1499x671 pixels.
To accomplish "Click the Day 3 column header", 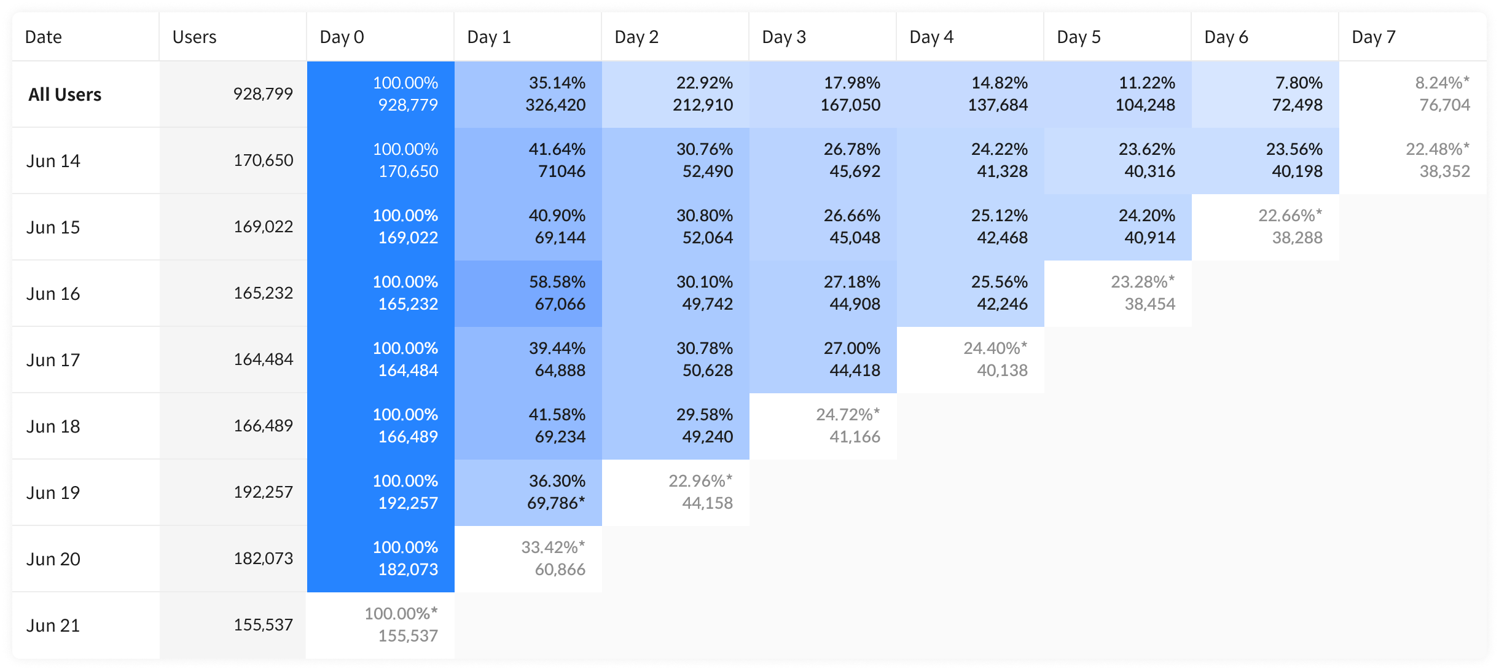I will coord(784,37).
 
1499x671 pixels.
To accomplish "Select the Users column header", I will coord(194,37).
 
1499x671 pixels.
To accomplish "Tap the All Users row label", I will coord(65,95).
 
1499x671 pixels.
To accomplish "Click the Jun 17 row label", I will coord(53,360).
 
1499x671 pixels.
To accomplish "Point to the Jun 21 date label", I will coord(53,626).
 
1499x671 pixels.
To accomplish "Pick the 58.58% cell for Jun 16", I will coord(528,293).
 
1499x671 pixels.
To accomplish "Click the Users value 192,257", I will coord(263,492).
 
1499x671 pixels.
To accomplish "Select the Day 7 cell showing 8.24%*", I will coord(1413,94).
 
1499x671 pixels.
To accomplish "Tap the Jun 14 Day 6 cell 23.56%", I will coord(1266,160).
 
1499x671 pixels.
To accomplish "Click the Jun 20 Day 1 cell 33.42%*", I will coord(528,559).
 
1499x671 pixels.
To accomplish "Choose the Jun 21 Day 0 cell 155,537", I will coord(381,625).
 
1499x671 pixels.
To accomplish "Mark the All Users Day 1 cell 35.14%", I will coord(528,94).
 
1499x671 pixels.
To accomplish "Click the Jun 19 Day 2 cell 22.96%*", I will coord(676,492).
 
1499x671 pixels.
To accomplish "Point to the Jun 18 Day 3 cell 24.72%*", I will coord(823,426).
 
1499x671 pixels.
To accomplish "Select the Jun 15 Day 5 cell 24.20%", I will coord(1118,227).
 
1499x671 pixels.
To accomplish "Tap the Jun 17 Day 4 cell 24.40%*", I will coord(971,359).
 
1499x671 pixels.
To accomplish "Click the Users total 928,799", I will coord(263,94).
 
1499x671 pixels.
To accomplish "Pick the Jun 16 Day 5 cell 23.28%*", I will coord(1118,293).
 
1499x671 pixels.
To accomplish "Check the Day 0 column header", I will coord(342,37).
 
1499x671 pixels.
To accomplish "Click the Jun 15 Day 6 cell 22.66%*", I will coord(1266,227).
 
